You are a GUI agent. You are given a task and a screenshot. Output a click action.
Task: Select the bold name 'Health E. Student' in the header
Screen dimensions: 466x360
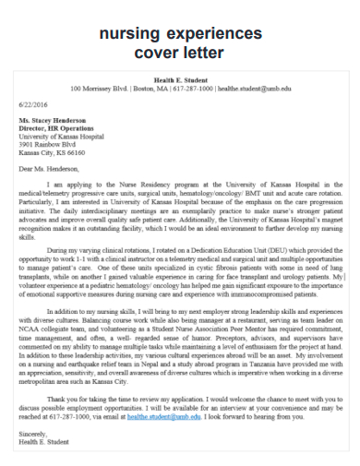tap(181, 81)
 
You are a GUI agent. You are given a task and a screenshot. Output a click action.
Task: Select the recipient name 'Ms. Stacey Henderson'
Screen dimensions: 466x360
tap(54, 122)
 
